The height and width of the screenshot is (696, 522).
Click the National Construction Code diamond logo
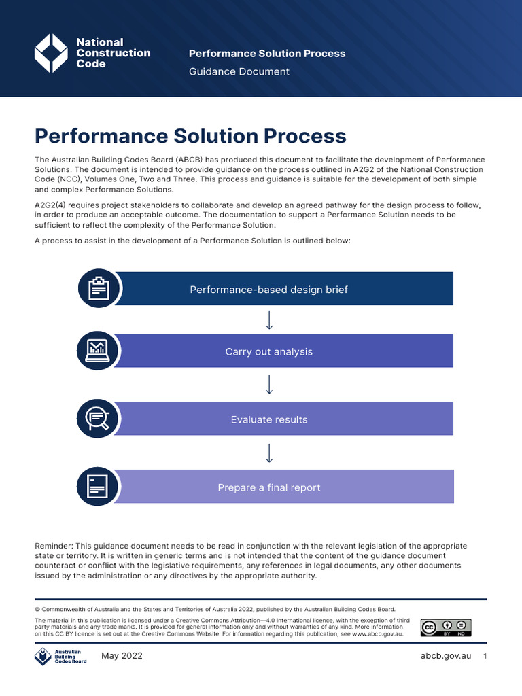[52, 53]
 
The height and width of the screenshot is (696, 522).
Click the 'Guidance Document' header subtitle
[239, 71]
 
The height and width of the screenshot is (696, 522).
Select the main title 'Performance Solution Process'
[190, 136]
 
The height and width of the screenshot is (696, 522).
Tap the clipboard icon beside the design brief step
[99, 288]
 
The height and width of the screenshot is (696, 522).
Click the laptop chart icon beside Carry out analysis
[99, 351]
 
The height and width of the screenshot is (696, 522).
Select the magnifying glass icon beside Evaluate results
[99, 419]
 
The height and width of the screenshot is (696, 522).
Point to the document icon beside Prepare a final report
[99, 487]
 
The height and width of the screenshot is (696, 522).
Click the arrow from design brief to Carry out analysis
[269, 319]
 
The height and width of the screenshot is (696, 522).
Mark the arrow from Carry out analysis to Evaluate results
[269, 385]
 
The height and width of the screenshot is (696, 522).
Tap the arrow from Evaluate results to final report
[269, 453]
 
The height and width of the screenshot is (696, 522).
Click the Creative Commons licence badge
[445, 627]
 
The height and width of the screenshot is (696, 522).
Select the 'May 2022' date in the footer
[122, 656]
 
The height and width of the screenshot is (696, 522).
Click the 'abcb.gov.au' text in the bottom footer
[447, 656]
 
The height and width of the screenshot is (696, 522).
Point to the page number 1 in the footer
[485, 656]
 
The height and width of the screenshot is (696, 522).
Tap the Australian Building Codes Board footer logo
[60, 657]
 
